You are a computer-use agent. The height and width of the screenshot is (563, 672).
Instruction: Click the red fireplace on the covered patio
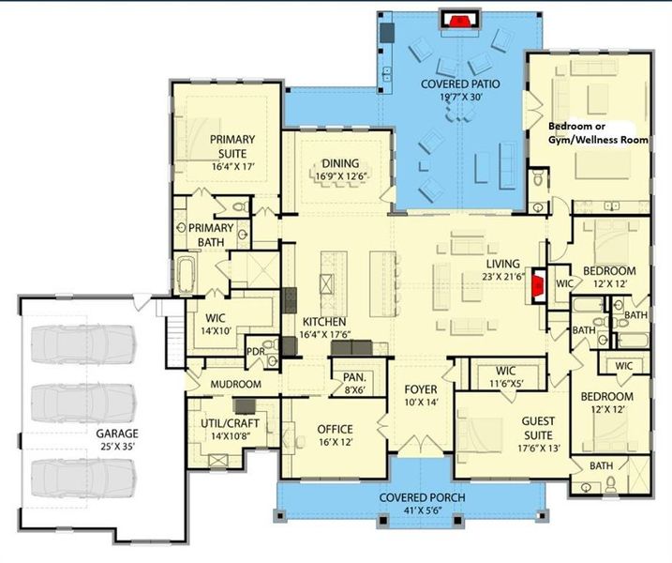[x=458, y=20]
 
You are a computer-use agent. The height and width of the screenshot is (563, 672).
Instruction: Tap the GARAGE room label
[x=116, y=434]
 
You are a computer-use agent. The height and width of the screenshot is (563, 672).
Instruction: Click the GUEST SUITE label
[x=544, y=430]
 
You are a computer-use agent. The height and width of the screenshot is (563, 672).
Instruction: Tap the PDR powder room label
[x=253, y=352]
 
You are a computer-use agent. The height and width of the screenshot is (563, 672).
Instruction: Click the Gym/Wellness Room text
[x=598, y=138]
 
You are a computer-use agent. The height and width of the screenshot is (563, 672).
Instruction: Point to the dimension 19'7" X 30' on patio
[x=460, y=99]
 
